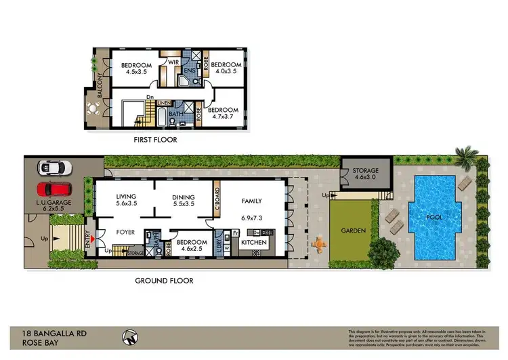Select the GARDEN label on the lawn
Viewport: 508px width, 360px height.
354,231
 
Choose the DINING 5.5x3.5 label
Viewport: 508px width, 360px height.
184,200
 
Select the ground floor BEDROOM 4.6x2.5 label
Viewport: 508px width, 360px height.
192,245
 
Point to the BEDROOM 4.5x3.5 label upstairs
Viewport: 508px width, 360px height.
136,70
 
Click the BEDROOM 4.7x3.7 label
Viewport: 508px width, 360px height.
223,114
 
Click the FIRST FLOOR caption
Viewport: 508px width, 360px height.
156,140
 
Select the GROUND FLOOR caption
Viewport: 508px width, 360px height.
164,280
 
